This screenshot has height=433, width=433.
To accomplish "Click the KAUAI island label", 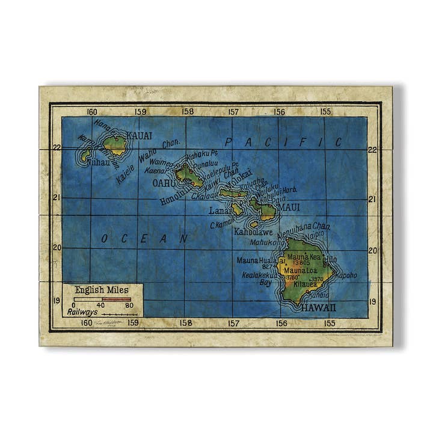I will pyautogui.click(x=140, y=136).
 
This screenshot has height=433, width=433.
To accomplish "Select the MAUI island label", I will pyautogui.click(x=288, y=207).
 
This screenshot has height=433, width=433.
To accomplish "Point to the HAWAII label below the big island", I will pyautogui.click(x=319, y=308).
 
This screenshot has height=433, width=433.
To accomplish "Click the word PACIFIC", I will pyautogui.click(x=283, y=143).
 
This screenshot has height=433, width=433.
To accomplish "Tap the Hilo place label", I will pyautogui.click(x=330, y=259).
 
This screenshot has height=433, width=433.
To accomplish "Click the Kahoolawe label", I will pyautogui.click(x=253, y=232).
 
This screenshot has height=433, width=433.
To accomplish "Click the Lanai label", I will pyautogui.click(x=219, y=211).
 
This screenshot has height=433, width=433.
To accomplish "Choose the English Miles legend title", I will pyautogui.click(x=102, y=290).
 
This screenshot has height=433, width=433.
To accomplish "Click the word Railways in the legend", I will pyautogui.click(x=82, y=312).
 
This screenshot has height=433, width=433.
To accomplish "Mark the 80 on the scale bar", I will pyautogui.click(x=129, y=306).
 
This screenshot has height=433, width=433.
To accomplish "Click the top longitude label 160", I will pyautogui.click(x=92, y=111).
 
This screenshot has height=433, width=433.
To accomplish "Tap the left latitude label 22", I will pyautogui.click(x=57, y=147).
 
